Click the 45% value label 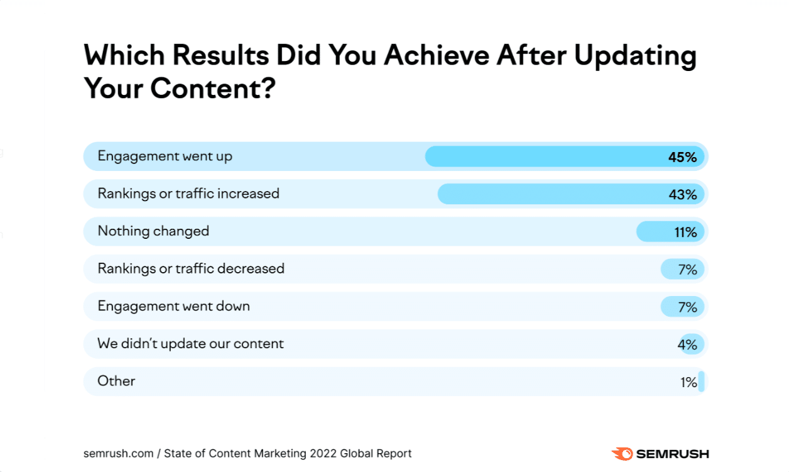(x=682, y=157)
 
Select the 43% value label (x=682, y=195)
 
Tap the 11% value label (x=685, y=233)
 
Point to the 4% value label (x=687, y=345)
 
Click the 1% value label (x=688, y=382)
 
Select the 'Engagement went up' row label (x=165, y=156)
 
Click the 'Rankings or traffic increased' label (x=188, y=194)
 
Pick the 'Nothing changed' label (x=153, y=231)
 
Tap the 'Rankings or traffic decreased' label (x=191, y=269)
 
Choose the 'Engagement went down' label (x=173, y=307)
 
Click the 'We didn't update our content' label (x=190, y=344)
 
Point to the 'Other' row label (x=116, y=381)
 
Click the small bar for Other (x=701, y=381)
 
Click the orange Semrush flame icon (x=622, y=453)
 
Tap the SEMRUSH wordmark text (x=673, y=453)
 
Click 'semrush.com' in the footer (x=119, y=453)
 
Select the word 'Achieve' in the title (x=437, y=56)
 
